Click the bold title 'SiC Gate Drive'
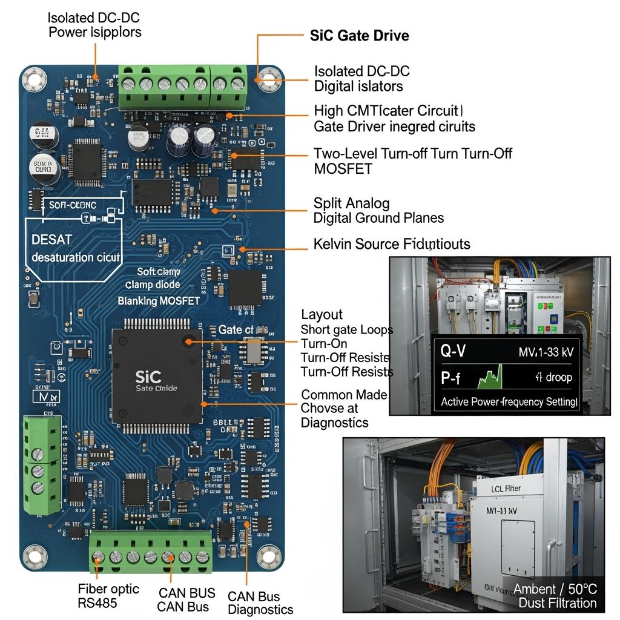pos(359,35)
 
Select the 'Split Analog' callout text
pos(351,203)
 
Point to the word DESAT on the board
pos(52,240)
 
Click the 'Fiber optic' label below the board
pos(108,589)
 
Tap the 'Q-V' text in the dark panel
pos(453,351)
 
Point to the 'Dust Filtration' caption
pos(557,603)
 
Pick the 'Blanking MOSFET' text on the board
pos(158,300)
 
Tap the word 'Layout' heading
pos(322,314)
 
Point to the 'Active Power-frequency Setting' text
pos(509,401)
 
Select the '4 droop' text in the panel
pos(553,377)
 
